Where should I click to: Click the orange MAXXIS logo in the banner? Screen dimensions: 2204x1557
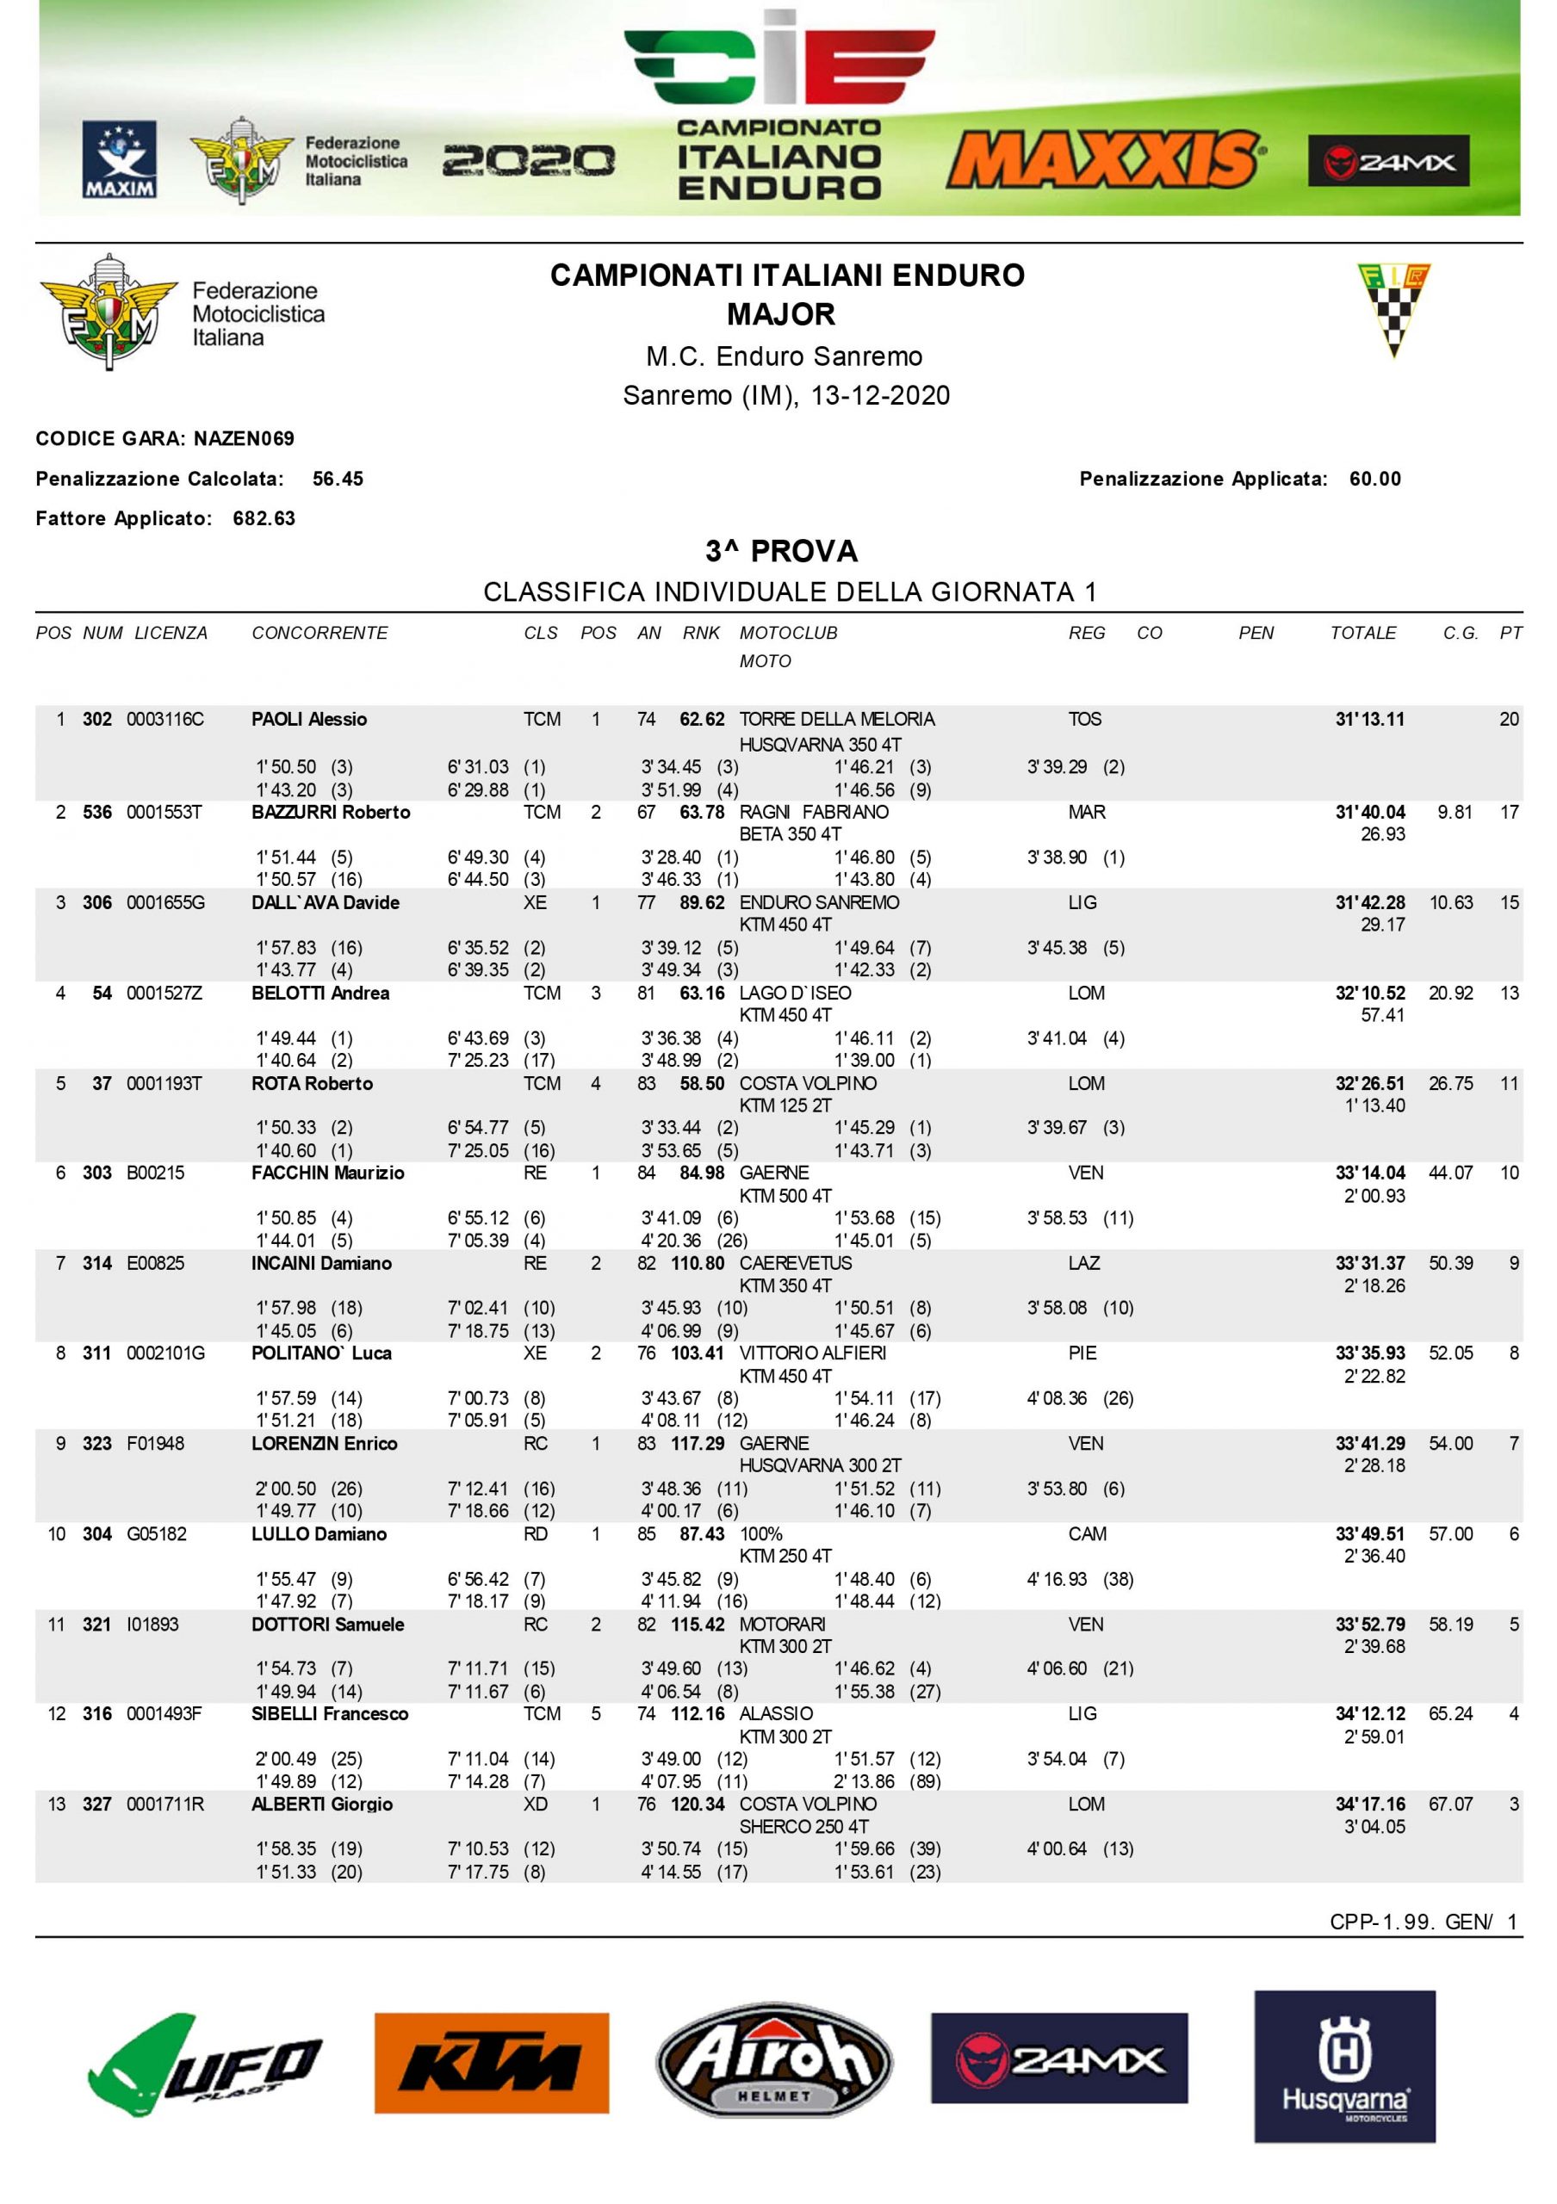(x=1104, y=158)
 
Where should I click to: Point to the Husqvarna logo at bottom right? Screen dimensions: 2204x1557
(x=1344, y=2065)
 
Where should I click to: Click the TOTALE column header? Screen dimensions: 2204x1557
(x=1362, y=634)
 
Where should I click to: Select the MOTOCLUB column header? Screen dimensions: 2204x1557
(x=788, y=634)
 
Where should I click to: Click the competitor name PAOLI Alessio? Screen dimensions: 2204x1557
(x=309, y=720)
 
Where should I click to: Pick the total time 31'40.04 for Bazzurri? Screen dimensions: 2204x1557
(x=1369, y=813)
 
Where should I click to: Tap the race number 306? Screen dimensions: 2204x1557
(x=97, y=903)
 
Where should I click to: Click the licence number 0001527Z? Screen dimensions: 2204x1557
(x=164, y=994)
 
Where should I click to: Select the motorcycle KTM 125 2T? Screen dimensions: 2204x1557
(x=785, y=1105)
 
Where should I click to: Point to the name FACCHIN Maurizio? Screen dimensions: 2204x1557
(x=327, y=1173)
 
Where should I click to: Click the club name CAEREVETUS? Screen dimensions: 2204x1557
(x=795, y=1263)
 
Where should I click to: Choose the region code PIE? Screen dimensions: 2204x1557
(x=1082, y=1353)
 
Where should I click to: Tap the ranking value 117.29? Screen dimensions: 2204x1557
(x=698, y=1444)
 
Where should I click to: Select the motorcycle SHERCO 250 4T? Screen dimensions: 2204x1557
(x=803, y=1827)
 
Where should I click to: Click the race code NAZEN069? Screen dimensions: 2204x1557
(x=244, y=440)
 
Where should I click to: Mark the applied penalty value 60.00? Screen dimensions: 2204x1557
(x=1374, y=479)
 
